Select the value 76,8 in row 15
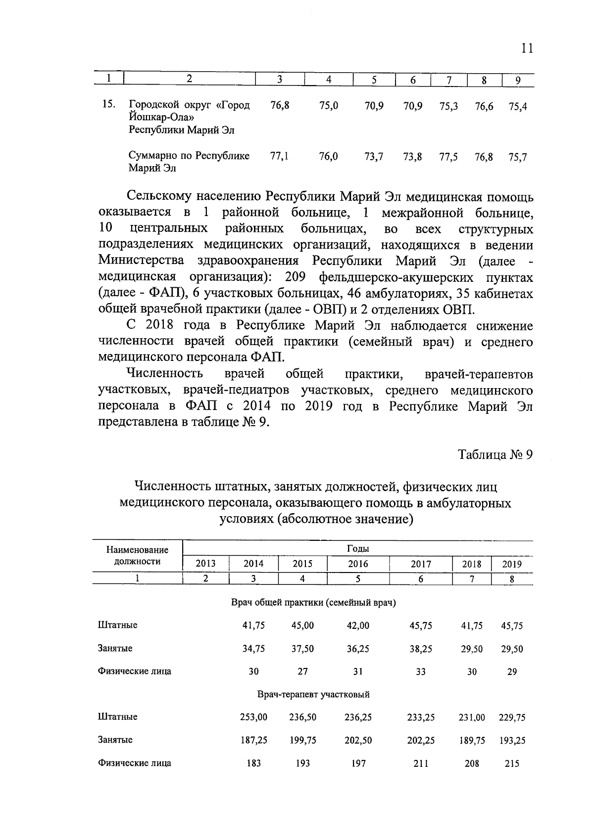click(x=280, y=105)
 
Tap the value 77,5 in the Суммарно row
click(x=448, y=157)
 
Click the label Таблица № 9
click(x=495, y=455)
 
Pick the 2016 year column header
click(x=358, y=564)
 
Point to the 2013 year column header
click(x=205, y=564)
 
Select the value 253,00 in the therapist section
click(x=253, y=717)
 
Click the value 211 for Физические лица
click(x=420, y=763)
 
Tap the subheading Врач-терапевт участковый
click(x=313, y=695)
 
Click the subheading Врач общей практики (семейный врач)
click(x=313, y=603)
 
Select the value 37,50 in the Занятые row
click(x=302, y=649)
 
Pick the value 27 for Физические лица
click(x=302, y=672)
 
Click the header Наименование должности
click(x=137, y=556)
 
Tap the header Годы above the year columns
click(x=357, y=549)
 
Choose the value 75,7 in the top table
click(x=517, y=157)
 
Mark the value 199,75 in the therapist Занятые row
click(x=302, y=740)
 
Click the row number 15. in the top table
click(x=108, y=105)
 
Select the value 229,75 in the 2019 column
click(x=512, y=717)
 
